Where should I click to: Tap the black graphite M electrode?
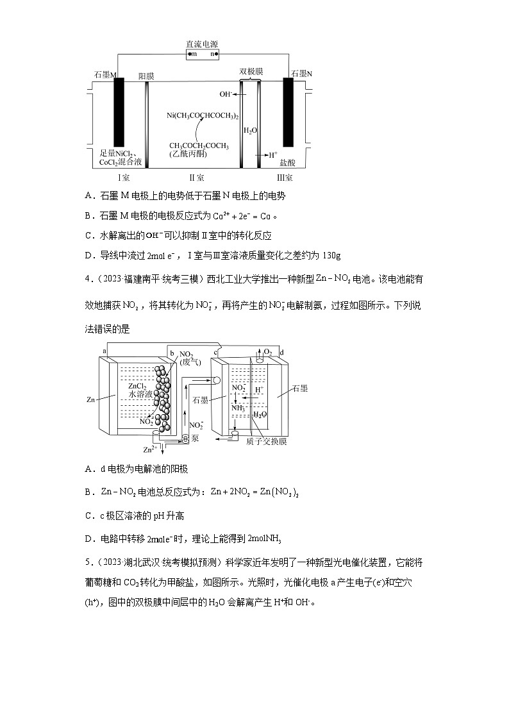(119, 113)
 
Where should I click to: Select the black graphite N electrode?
(288, 113)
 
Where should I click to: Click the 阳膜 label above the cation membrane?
(147, 76)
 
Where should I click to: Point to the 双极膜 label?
(251, 72)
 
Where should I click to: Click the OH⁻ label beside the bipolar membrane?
(225, 94)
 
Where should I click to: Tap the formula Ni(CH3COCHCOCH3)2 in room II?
(203, 115)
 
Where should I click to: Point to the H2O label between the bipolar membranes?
(250, 130)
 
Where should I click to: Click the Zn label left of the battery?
(91, 399)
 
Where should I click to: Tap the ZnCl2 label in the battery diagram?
(138, 386)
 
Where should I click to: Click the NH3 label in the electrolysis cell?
(238, 407)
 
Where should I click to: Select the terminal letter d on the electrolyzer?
(282, 353)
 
